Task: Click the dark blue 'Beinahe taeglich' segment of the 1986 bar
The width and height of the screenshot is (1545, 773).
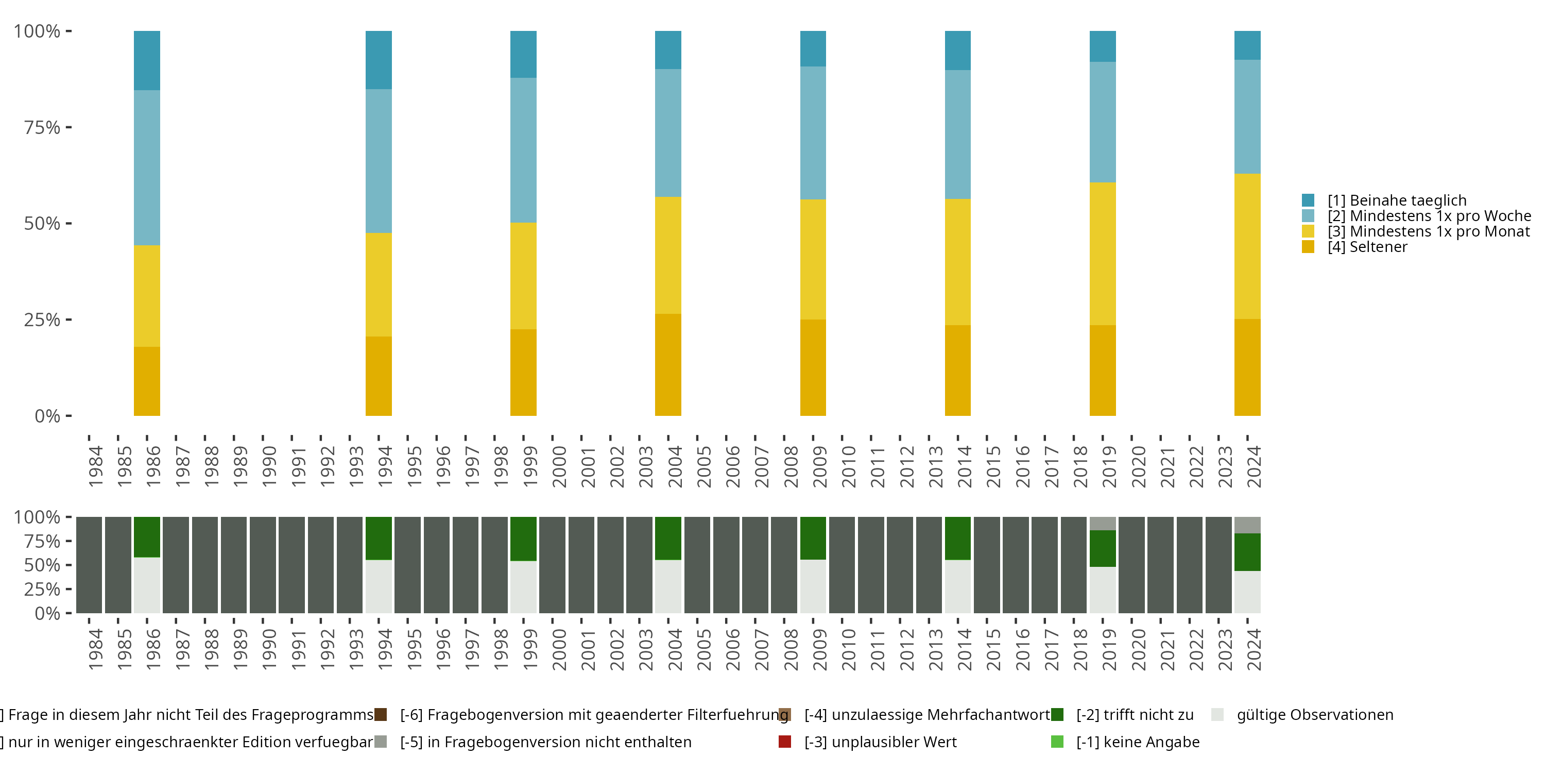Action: pyautogui.click(x=146, y=60)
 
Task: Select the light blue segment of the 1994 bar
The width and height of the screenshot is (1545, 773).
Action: pyautogui.click(x=379, y=161)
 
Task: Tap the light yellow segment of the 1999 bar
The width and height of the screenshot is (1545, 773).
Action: pyautogui.click(x=523, y=276)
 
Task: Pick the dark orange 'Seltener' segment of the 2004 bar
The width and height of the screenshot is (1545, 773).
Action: pyautogui.click(x=667, y=364)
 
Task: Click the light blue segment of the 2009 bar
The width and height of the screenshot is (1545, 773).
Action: pyautogui.click(x=813, y=132)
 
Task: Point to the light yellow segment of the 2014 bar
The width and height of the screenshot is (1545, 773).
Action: pyautogui.click(x=957, y=262)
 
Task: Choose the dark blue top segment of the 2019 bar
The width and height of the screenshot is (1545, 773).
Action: pyautogui.click(x=1103, y=46)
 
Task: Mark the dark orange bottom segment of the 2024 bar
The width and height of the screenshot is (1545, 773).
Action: pyautogui.click(x=1247, y=367)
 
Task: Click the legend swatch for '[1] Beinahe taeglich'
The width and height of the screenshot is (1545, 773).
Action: pyautogui.click(x=1308, y=200)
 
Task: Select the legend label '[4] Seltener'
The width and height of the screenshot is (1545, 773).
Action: pyautogui.click(x=1367, y=247)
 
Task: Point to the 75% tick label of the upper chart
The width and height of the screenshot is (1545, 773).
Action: pyautogui.click(x=42, y=127)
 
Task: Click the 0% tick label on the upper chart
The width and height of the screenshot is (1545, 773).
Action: pyautogui.click(x=47, y=416)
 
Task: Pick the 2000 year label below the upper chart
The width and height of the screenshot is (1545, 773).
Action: pyautogui.click(x=559, y=466)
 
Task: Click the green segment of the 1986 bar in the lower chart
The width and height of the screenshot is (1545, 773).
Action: pyautogui.click(x=146, y=536)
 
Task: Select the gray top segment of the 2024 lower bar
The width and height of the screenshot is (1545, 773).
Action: pyautogui.click(x=1247, y=525)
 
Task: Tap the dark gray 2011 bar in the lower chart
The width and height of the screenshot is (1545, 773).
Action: pyautogui.click(x=870, y=565)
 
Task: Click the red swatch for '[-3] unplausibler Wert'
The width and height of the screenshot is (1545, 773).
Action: pyautogui.click(x=784, y=742)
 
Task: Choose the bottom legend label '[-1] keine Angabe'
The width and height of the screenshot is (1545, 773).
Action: pyautogui.click(x=1137, y=742)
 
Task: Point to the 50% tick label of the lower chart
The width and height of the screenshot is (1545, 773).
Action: pyautogui.click(x=42, y=565)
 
